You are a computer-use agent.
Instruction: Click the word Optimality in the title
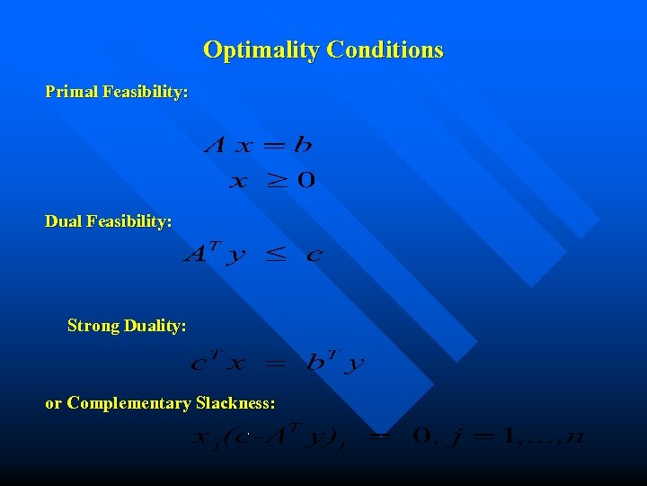pyautogui.click(x=261, y=49)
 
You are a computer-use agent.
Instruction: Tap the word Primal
pyautogui.click(x=72, y=92)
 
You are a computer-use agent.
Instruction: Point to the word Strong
pyautogui.click(x=93, y=326)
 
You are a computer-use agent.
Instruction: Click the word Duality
pyautogui.click(x=155, y=326)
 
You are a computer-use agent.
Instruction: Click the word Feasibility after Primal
pyautogui.click(x=146, y=92)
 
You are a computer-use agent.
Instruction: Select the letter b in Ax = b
pyautogui.click(x=303, y=144)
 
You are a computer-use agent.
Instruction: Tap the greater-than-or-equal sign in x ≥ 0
pyautogui.click(x=279, y=181)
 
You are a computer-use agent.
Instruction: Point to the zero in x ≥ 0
pyautogui.click(x=306, y=181)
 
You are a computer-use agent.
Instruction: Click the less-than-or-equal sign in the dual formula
pyautogui.click(x=275, y=256)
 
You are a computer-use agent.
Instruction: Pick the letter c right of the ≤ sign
pyautogui.click(x=314, y=256)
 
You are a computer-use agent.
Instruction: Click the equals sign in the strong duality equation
pyautogui.click(x=277, y=364)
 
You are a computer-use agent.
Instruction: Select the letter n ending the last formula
pyautogui.click(x=576, y=438)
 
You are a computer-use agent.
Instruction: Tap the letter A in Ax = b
pyautogui.click(x=215, y=145)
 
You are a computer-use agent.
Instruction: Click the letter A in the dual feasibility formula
pyautogui.click(x=195, y=255)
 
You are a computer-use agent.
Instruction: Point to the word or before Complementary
pyautogui.click(x=54, y=403)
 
